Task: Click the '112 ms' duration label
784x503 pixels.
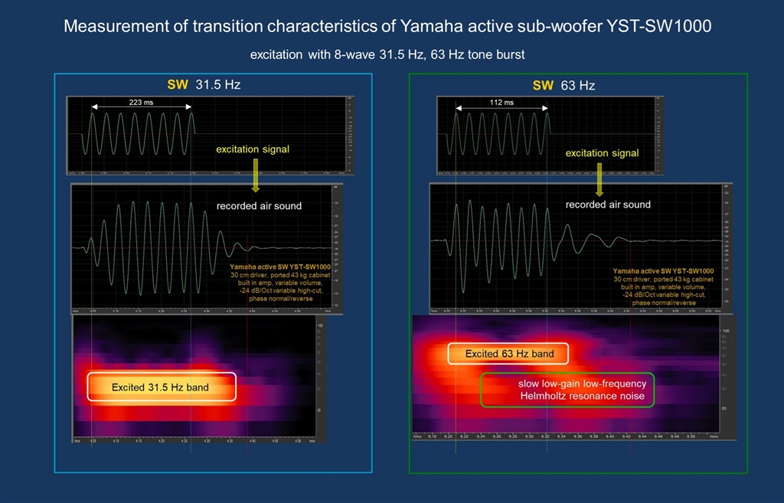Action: click(x=502, y=102)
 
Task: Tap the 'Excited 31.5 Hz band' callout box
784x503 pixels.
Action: click(x=161, y=387)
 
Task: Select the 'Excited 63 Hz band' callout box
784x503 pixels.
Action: click(x=508, y=354)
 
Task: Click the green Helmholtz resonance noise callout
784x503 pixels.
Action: click(x=567, y=390)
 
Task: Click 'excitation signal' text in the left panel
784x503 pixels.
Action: click(x=253, y=149)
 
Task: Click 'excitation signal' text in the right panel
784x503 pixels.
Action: click(x=602, y=153)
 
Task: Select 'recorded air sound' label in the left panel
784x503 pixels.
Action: click(x=259, y=205)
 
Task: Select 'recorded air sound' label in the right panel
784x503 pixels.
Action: click(x=608, y=204)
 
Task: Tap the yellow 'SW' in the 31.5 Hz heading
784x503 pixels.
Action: click(x=178, y=85)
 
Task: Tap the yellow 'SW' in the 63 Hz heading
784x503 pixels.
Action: click(x=543, y=85)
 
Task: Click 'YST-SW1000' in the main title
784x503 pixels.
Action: click(x=668, y=26)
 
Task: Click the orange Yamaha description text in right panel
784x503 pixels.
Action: click(x=663, y=286)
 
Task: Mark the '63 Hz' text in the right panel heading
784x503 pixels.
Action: click(x=578, y=85)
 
